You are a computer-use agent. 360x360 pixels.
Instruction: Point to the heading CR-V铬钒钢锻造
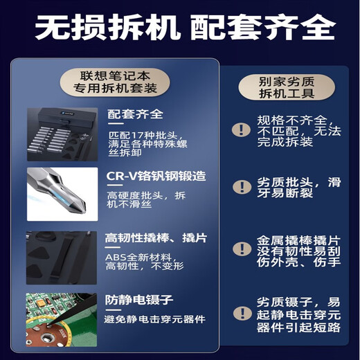(156, 176)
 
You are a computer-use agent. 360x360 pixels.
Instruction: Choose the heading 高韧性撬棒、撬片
(156, 237)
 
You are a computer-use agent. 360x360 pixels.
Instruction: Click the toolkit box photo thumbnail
(62, 134)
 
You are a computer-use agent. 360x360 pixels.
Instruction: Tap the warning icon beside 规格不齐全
(240, 129)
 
